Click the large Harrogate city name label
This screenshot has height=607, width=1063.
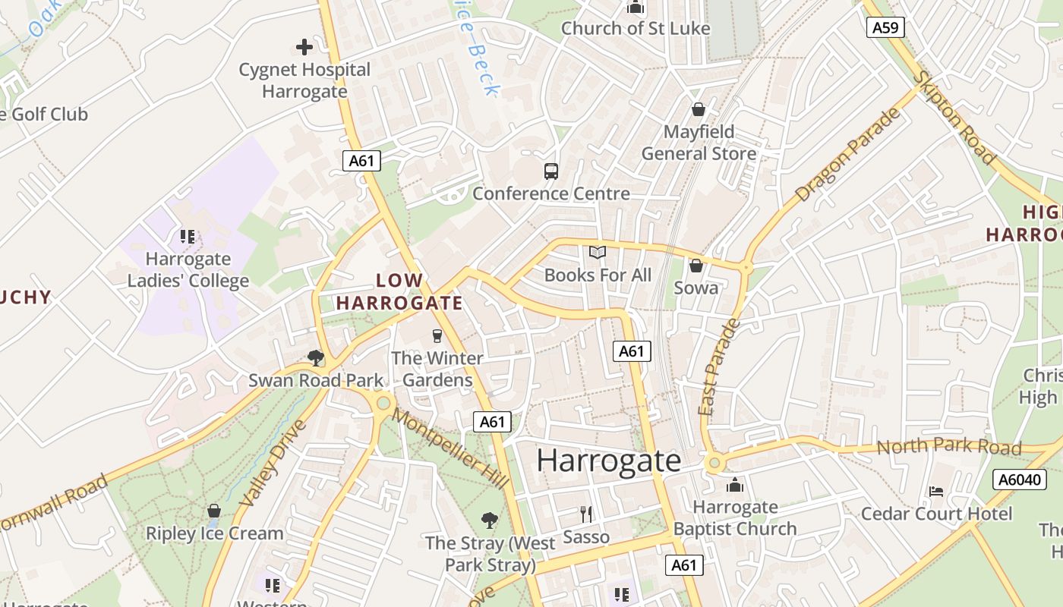point(609,461)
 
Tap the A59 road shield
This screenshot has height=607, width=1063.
point(885,28)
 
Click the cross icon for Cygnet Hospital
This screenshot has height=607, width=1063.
point(304,47)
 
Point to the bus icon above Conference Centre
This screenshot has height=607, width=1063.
point(551,171)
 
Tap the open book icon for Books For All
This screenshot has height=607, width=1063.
point(598,253)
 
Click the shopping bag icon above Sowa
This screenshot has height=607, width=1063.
point(696,266)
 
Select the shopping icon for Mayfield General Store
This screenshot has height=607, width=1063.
point(699,110)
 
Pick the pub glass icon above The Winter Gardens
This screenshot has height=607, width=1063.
point(437,335)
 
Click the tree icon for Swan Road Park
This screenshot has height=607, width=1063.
point(316,357)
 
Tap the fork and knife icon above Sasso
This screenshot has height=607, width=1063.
point(585,514)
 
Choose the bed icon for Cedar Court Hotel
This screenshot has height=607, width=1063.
point(935,492)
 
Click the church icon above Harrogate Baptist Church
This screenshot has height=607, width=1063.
point(734,485)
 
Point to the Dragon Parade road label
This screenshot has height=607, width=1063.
point(848,155)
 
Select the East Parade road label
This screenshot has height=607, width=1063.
point(718,367)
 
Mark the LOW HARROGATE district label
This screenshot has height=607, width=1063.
point(399,292)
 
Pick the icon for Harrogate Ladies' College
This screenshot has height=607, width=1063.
point(188,237)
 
